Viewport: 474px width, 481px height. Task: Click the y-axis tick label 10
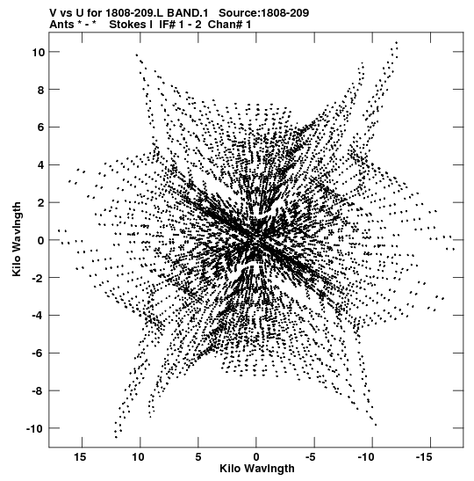pos(39,52)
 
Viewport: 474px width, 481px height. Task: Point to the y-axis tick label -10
pos(35,428)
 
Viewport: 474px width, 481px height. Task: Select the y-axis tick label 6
pos(41,128)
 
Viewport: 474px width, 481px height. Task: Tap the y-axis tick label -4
pos(39,316)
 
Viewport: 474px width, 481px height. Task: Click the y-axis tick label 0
pos(41,241)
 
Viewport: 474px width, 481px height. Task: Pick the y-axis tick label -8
pos(39,390)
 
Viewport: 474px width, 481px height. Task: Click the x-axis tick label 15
pos(80,457)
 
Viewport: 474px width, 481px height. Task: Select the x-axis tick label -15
pos(424,457)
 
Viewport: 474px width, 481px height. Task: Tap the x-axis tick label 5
pos(198,457)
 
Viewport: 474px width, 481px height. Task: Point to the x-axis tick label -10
pos(366,457)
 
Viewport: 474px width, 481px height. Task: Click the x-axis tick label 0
pos(256,457)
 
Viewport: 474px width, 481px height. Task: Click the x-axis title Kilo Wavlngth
pos(257,469)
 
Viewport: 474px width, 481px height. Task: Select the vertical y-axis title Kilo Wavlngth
pos(17,239)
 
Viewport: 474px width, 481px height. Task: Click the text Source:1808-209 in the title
pos(263,13)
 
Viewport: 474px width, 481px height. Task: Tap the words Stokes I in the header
pos(131,25)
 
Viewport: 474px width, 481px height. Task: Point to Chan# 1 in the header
pos(229,25)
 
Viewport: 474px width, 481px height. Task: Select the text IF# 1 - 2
pos(180,25)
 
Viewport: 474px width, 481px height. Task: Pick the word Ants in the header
pos(61,25)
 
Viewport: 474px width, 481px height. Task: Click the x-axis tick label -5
pos(311,457)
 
